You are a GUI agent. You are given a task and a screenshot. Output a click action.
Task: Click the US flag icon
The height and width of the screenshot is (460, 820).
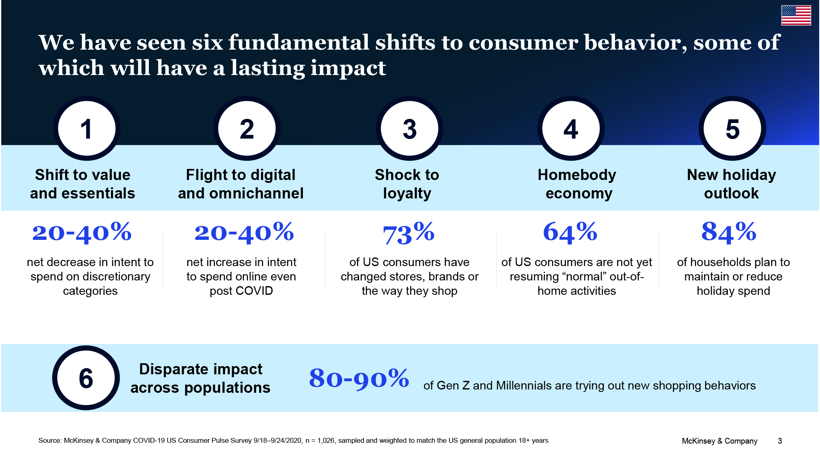tap(796, 16)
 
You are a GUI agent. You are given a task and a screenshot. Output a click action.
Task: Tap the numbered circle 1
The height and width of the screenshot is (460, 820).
tap(87, 128)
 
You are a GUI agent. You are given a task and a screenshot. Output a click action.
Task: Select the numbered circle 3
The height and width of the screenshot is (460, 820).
tap(409, 128)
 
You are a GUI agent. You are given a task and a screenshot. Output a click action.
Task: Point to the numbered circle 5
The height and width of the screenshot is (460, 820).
tap(732, 128)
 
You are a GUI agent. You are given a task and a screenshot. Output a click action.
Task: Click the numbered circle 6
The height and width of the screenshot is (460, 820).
tap(86, 378)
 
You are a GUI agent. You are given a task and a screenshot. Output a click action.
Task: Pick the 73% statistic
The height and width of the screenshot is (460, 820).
tap(408, 233)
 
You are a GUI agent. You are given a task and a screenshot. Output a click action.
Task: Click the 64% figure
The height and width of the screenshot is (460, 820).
tap(570, 232)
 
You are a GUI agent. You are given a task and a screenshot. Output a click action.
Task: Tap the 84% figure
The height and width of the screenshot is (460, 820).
tap(729, 232)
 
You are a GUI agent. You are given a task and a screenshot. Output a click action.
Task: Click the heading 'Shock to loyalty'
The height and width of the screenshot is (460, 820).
tap(407, 184)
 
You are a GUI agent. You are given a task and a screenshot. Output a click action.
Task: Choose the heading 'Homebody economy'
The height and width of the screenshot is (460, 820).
tap(577, 184)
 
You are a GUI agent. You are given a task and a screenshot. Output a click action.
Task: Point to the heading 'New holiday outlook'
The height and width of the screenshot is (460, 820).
tap(731, 184)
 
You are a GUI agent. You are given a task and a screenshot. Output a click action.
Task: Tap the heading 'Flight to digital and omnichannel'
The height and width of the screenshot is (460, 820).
tap(241, 184)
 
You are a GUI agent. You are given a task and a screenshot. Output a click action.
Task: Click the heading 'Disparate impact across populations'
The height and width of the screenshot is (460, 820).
tap(200, 378)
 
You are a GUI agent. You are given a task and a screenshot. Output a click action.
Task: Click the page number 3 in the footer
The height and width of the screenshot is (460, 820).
tap(780, 441)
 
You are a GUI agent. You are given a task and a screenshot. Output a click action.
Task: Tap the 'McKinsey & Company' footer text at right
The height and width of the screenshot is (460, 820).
tap(720, 441)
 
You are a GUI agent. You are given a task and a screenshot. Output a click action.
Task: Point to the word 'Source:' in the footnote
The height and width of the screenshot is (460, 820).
tap(50, 440)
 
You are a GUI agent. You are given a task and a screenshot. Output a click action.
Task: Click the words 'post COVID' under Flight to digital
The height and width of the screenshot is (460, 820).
tap(241, 291)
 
